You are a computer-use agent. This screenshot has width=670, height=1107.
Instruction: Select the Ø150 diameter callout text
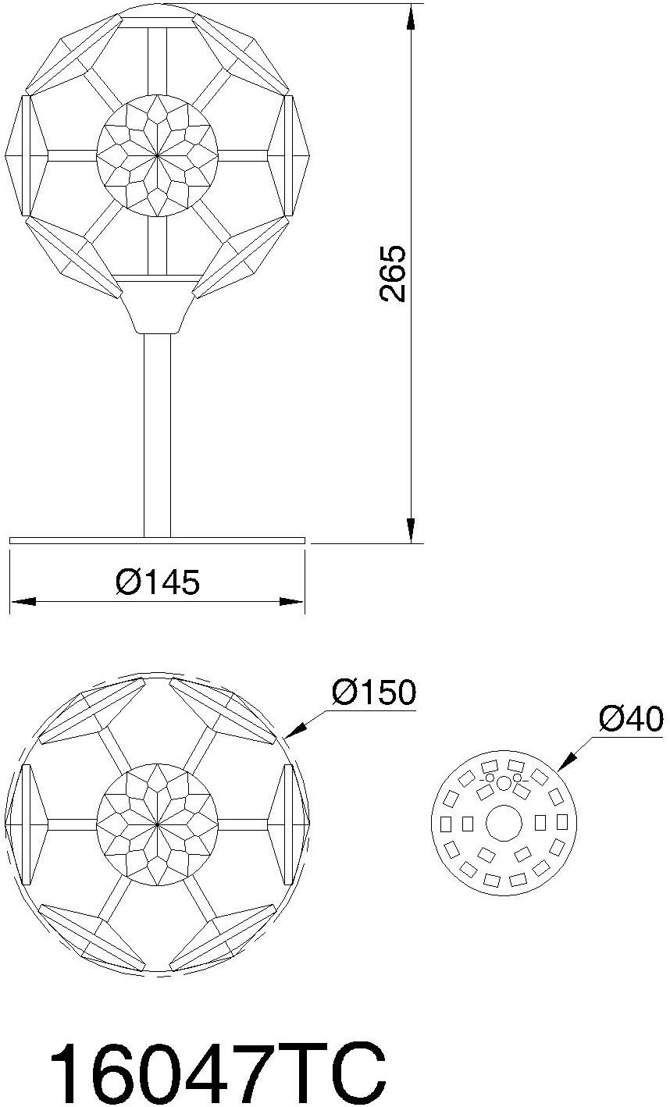pos(373,692)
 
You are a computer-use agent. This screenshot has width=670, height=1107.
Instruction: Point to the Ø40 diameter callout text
pos(630,717)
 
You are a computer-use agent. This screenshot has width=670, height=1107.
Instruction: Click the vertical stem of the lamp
pos(157,433)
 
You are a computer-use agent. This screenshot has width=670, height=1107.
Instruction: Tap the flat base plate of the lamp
pos(157,539)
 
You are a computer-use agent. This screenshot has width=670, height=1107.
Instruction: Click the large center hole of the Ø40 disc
pos(504,823)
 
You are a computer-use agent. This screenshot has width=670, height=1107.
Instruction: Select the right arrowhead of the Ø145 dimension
pos(292,602)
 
